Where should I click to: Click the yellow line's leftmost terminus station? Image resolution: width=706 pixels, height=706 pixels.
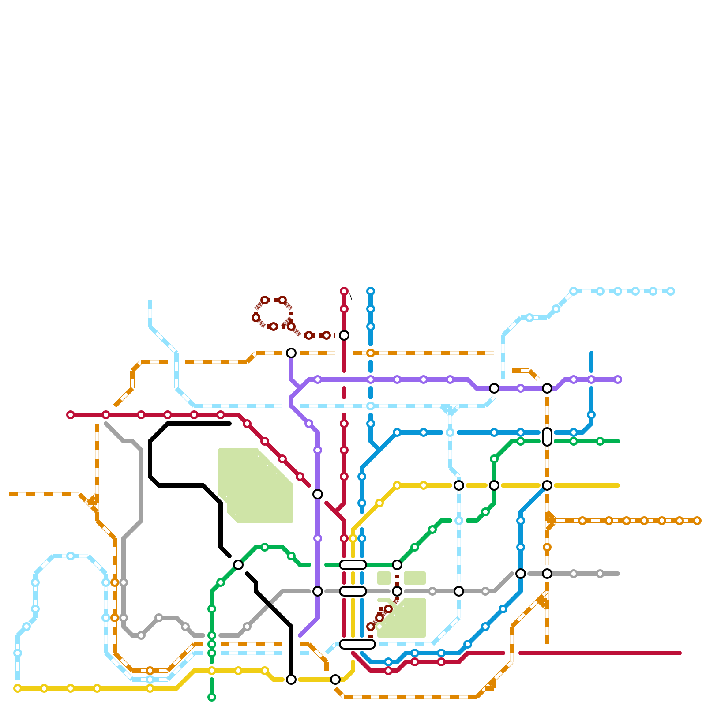tap(18, 688)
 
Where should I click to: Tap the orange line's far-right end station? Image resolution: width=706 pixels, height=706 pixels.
tap(697, 521)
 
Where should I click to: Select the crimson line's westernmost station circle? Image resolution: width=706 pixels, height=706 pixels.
tap(71, 415)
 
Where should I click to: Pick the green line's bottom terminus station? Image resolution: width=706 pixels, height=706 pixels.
tap(212, 697)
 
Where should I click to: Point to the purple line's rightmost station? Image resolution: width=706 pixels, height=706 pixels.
tap(618, 379)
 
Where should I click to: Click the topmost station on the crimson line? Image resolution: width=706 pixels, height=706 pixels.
tap(344, 291)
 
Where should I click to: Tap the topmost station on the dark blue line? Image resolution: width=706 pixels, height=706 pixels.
tap(371, 291)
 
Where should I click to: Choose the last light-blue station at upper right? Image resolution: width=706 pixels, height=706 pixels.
tap(671, 291)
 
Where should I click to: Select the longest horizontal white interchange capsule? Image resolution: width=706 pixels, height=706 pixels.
tap(357, 644)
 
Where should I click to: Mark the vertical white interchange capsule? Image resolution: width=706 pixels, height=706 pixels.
tap(547, 437)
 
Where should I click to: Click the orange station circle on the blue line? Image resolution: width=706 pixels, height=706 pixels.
tap(371, 353)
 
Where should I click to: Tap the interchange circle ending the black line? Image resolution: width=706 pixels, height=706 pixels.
tap(291, 680)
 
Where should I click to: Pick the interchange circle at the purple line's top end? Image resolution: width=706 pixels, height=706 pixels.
tap(291, 353)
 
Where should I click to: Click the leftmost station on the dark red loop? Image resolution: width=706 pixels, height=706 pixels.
tap(256, 318)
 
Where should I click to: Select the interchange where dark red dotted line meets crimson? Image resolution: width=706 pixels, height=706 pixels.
tap(344, 335)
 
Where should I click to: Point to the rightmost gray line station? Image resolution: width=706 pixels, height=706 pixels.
tap(600, 574)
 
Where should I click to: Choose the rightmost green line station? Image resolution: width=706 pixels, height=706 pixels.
tap(600, 441)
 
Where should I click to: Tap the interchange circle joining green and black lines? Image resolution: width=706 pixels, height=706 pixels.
tap(238, 565)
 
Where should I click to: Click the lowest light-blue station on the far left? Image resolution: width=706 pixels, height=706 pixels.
tap(18, 653)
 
